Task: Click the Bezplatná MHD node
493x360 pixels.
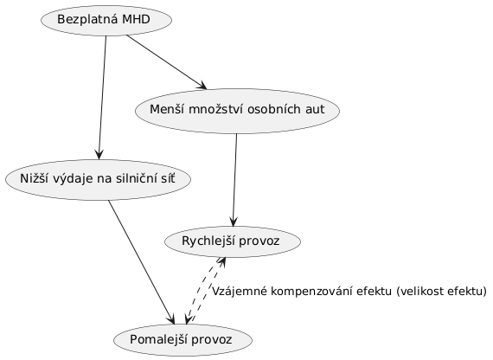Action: (106, 20)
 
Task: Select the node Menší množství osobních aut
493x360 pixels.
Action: (237, 111)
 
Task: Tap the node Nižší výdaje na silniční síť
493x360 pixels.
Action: (98, 179)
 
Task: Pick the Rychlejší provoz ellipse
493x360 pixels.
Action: (233, 241)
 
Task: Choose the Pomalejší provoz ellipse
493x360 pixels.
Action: (182, 340)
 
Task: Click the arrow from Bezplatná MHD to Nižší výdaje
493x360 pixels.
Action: (103, 98)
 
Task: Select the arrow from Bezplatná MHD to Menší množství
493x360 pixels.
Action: (166, 62)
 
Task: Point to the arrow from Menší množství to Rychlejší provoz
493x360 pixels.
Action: (234, 180)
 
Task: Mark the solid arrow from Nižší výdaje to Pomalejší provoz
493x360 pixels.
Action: (141, 262)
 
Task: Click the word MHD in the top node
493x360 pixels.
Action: (136, 20)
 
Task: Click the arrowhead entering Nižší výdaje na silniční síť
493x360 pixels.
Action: (99, 155)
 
